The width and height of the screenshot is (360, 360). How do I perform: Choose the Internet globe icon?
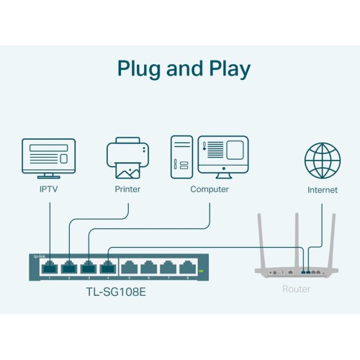[x=322, y=159]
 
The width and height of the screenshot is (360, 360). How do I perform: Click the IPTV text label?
[x=49, y=190]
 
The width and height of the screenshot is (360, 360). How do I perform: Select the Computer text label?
[x=210, y=189]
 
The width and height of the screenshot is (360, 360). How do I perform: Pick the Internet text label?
[x=322, y=190]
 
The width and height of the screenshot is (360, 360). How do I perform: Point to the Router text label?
[x=296, y=289]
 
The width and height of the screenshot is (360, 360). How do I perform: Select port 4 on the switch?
[x=107, y=268]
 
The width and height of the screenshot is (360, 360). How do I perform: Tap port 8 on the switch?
[x=187, y=268]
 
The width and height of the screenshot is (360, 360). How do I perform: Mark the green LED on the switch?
[x=201, y=271]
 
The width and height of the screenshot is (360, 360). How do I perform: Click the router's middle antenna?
[x=296, y=230]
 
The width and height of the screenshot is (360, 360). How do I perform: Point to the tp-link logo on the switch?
[x=38, y=256]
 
